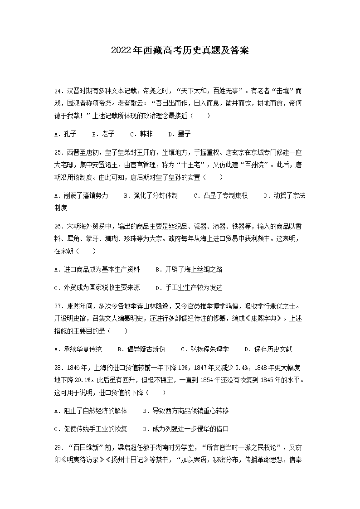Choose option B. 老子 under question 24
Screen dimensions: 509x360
click(103, 134)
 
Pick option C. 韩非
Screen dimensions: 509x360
click(141, 134)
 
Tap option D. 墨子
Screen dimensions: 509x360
click(179, 134)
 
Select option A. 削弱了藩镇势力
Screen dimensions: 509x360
click(81, 196)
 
